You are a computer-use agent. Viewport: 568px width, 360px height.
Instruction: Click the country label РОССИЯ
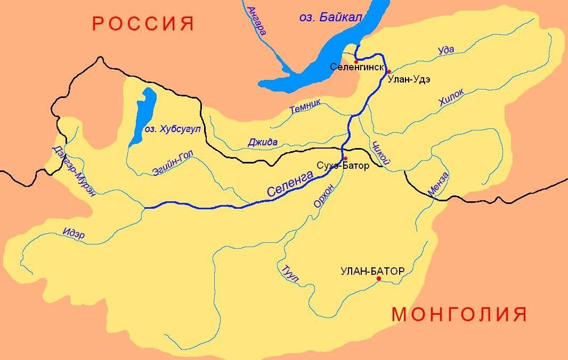click(142, 24)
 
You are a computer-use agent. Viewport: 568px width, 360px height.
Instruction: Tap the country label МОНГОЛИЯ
click(459, 314)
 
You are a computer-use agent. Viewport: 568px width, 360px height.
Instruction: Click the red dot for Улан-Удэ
click(389, 71)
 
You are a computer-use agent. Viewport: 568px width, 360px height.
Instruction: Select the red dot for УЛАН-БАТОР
click(379, 279)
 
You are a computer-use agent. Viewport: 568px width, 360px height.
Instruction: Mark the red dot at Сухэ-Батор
click(345, 158)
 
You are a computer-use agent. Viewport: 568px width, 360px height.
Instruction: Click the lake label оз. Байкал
click(331, 18)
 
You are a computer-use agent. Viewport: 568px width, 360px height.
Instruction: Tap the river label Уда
click(445, 50)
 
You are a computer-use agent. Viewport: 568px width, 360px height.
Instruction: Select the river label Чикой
click(383, 153)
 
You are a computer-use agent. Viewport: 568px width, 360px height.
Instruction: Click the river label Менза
click(438, 183)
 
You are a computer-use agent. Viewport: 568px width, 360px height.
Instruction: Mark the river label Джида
click(263, 142)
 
